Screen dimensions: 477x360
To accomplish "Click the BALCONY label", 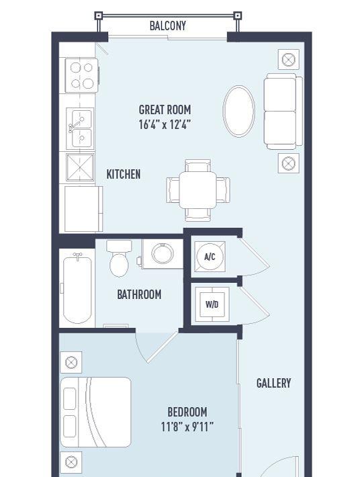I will [x=167, y=26].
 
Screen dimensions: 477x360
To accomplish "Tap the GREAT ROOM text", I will [x=165, y=110].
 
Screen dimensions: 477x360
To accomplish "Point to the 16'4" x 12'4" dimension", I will [x=165, y=124].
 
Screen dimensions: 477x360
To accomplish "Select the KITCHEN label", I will [x=124, y=174].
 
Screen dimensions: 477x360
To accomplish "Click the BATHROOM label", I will [x=139, y=294].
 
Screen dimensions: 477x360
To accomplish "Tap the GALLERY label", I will [x=273, y=383].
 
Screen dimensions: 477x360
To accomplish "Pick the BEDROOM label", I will [x=187, y=412].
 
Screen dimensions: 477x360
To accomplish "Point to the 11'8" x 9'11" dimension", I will [x=187, y=427].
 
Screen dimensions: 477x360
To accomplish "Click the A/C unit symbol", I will [x=209, y=257].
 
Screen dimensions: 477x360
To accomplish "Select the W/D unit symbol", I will [x=212, y=304].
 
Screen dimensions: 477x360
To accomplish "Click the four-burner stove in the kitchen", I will [x=81, y=75].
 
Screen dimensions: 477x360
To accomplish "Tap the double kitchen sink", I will [x=79, y=129].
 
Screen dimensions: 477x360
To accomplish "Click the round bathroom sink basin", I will [x=162, y=253].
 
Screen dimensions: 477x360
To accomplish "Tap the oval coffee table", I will [x=238, y=111].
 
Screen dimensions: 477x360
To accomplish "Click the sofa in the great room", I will [x=283, y=111].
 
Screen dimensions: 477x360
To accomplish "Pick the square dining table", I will [x=197, y=189].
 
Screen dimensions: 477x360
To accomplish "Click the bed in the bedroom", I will [x=95, y=412].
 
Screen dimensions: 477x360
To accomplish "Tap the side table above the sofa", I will [x=288, y=59].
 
